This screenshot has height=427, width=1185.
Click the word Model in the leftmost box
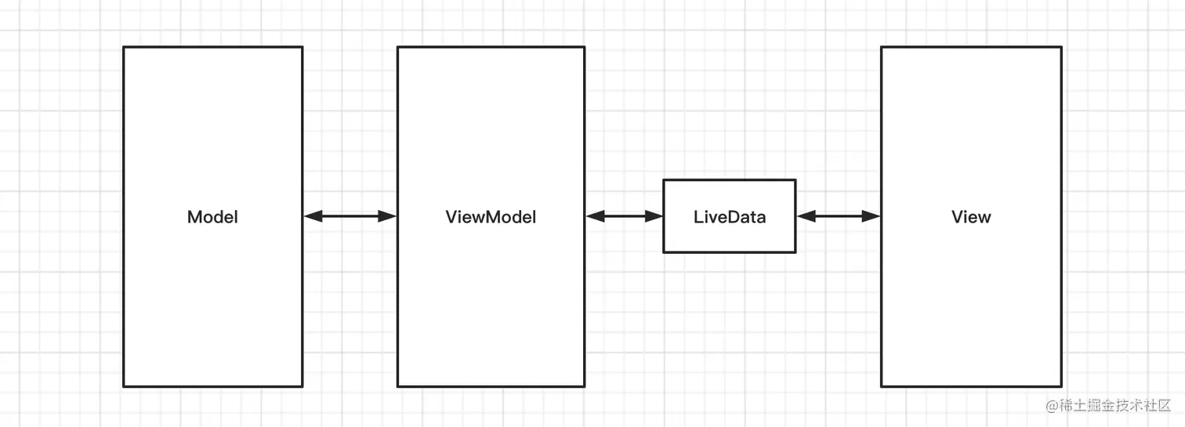(212, 217)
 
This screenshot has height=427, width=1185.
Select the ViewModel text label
(491, 217)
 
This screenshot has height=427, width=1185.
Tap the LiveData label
(729, 217)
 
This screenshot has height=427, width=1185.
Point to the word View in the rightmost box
(971, 217)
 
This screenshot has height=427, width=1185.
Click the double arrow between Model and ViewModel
(350, 216)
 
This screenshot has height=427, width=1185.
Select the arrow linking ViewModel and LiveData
(624, 216)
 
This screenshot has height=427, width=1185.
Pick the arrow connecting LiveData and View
(838, 216)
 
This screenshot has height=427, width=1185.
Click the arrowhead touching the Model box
(313, 216)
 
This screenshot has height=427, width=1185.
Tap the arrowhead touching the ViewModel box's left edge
(388, 216)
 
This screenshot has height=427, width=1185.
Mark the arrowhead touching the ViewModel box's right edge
(595, 216)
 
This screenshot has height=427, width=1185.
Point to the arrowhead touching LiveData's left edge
(654, 216)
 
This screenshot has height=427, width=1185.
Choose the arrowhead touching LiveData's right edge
(806, 216)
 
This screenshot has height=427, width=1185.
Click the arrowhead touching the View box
(872, 216)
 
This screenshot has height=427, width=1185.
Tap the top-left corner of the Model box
(124, 47)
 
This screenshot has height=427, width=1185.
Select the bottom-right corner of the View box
(1061, 386)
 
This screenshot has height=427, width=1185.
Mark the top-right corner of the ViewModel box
(584, 47)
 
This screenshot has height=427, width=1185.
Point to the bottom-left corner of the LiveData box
(664, 252)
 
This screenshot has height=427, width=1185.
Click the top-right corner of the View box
(1061, 47)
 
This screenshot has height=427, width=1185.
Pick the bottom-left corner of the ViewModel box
(398, 386)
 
